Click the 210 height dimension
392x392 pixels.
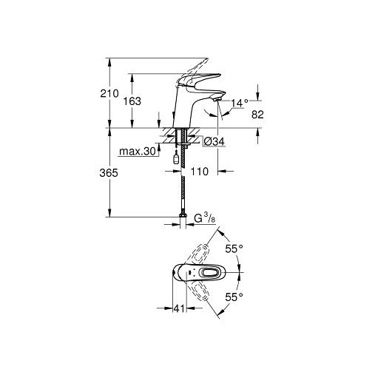click(x=109, y=94)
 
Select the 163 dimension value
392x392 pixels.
click(x=132, y=101)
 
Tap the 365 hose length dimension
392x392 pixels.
click(x=109, y=173)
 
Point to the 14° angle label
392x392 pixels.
click(x=239, y=103)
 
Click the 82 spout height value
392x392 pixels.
click(x=257, y=115)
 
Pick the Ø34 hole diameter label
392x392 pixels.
click(x=214, y=142)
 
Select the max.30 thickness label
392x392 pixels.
click(x=138, y=151)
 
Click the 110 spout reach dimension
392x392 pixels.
click(x=200, y=172)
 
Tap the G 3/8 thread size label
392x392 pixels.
click(x=204, y=218)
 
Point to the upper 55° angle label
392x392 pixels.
click(x=234, y=249)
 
